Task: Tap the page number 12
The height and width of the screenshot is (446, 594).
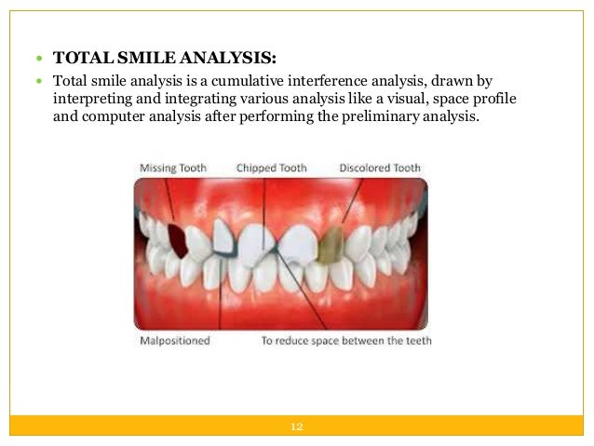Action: pyautogui.click(x=297, y=426)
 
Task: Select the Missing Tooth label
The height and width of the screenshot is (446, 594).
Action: pyautogui.click(x=173, y=168)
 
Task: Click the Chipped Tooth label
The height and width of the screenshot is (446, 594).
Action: pyautogui.click(x=271, y=168)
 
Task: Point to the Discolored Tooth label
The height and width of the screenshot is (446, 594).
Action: pyautogui.click(x=379, y=168)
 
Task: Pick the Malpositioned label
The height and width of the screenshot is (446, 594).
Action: pyautogui.click(x=174, y=341)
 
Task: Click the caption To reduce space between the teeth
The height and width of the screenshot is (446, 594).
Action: pyautogui.click(x=346, y=341)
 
